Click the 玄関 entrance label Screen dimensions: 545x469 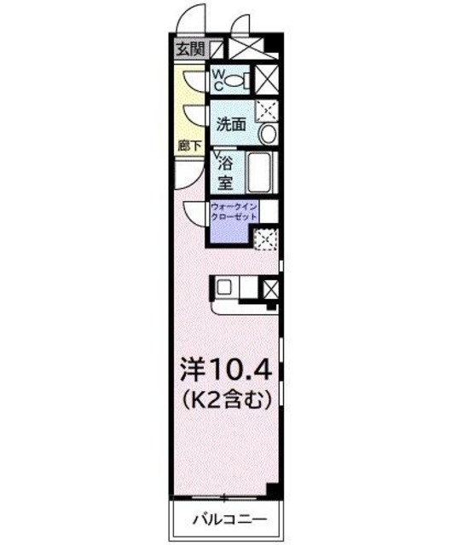coord(191,49)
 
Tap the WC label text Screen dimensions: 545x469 coord(218,79)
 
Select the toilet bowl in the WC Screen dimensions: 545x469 coord(241,81)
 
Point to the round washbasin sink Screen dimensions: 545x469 coord(267,134)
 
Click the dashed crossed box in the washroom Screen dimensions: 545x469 coord(267,109)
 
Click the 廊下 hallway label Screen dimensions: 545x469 coord(189,146)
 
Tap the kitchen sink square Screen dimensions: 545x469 coord(223,287)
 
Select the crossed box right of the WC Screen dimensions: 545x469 coord(267,79)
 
